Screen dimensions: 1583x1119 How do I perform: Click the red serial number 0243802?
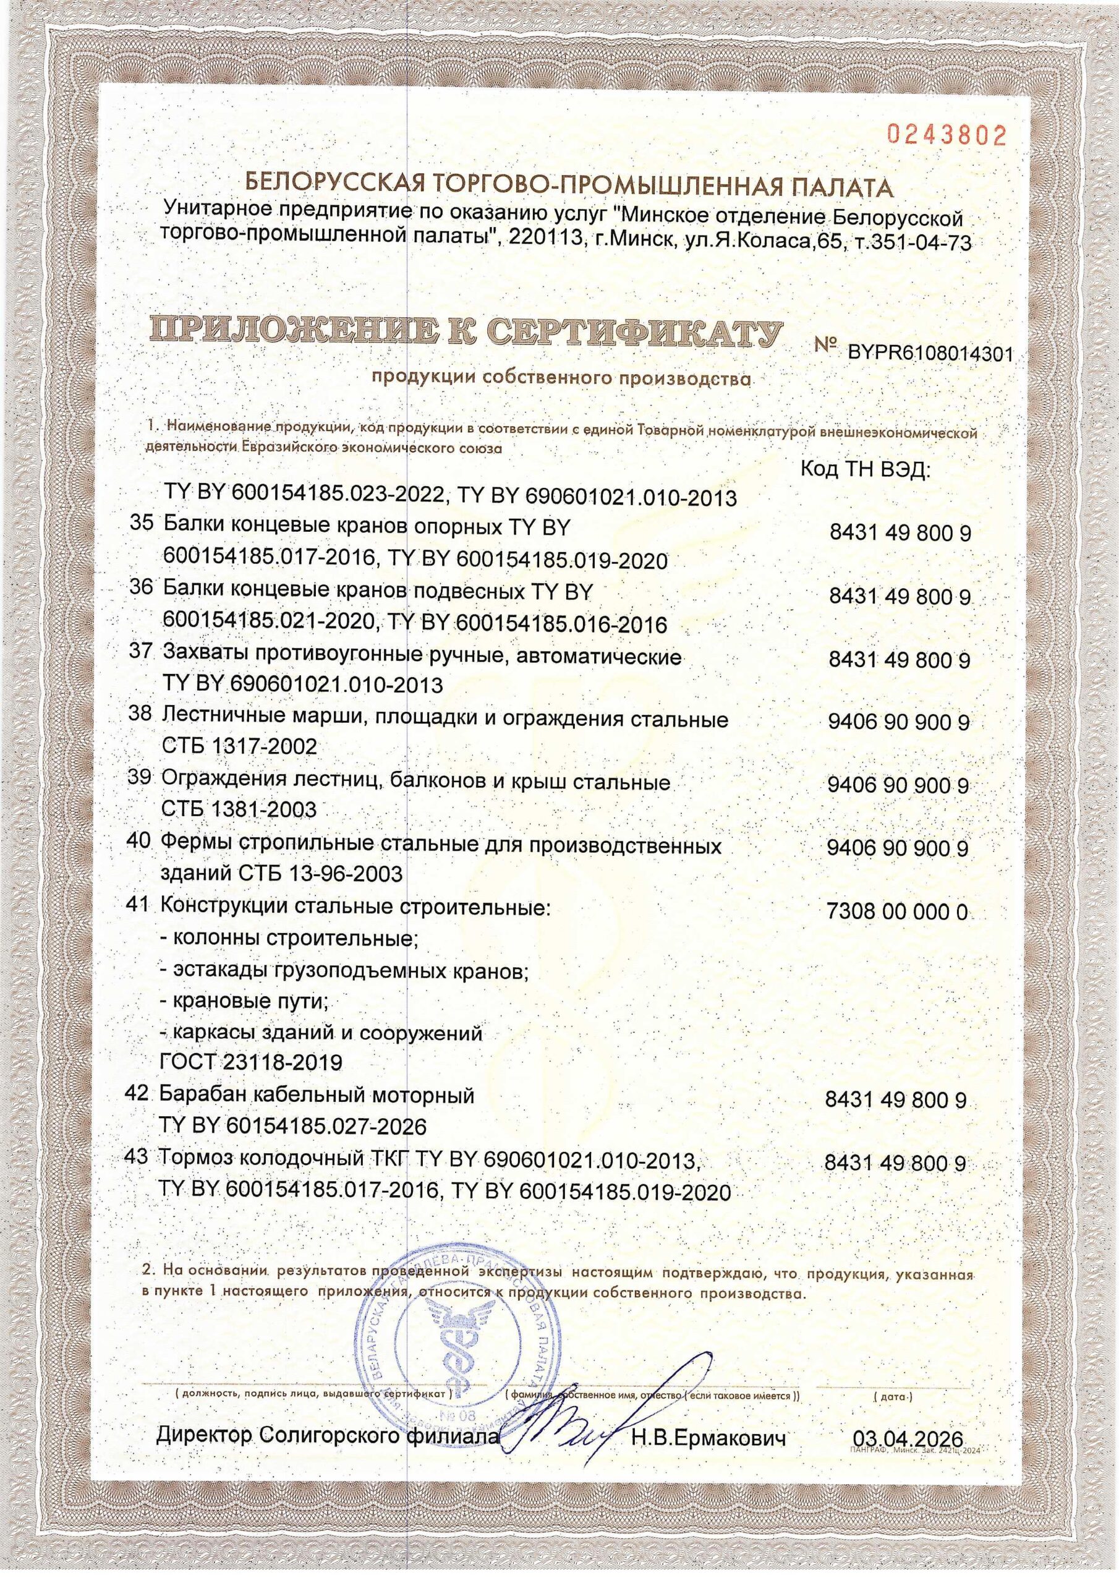(x=947, y=136)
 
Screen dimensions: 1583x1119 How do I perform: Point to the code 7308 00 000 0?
(x=896, y=912)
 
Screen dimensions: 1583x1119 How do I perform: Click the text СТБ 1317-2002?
(x=229, y=746)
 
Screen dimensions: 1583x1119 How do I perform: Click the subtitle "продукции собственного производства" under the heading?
(x=560, y=378)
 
